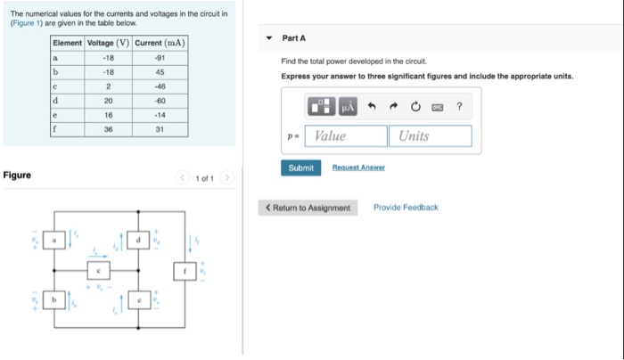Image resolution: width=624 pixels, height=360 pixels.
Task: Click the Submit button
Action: pos(300,168)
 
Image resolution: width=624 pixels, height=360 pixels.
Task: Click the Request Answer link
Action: pos(358,168)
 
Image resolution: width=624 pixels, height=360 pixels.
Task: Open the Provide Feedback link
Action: pos(406,208)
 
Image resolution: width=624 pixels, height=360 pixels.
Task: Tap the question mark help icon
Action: pos(459,107)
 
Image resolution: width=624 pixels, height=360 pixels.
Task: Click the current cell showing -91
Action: pos(160,58)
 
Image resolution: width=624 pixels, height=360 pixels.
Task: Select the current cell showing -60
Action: pos(160,101)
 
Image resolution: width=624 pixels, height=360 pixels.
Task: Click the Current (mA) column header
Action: pos(160,43)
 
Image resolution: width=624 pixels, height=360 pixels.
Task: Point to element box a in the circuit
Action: pos(53,241)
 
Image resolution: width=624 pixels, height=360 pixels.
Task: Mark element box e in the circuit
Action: pos(139,301)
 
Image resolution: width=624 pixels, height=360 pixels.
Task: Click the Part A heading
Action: pos(294,38)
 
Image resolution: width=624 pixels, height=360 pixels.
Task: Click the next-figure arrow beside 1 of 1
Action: pos(228,178)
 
